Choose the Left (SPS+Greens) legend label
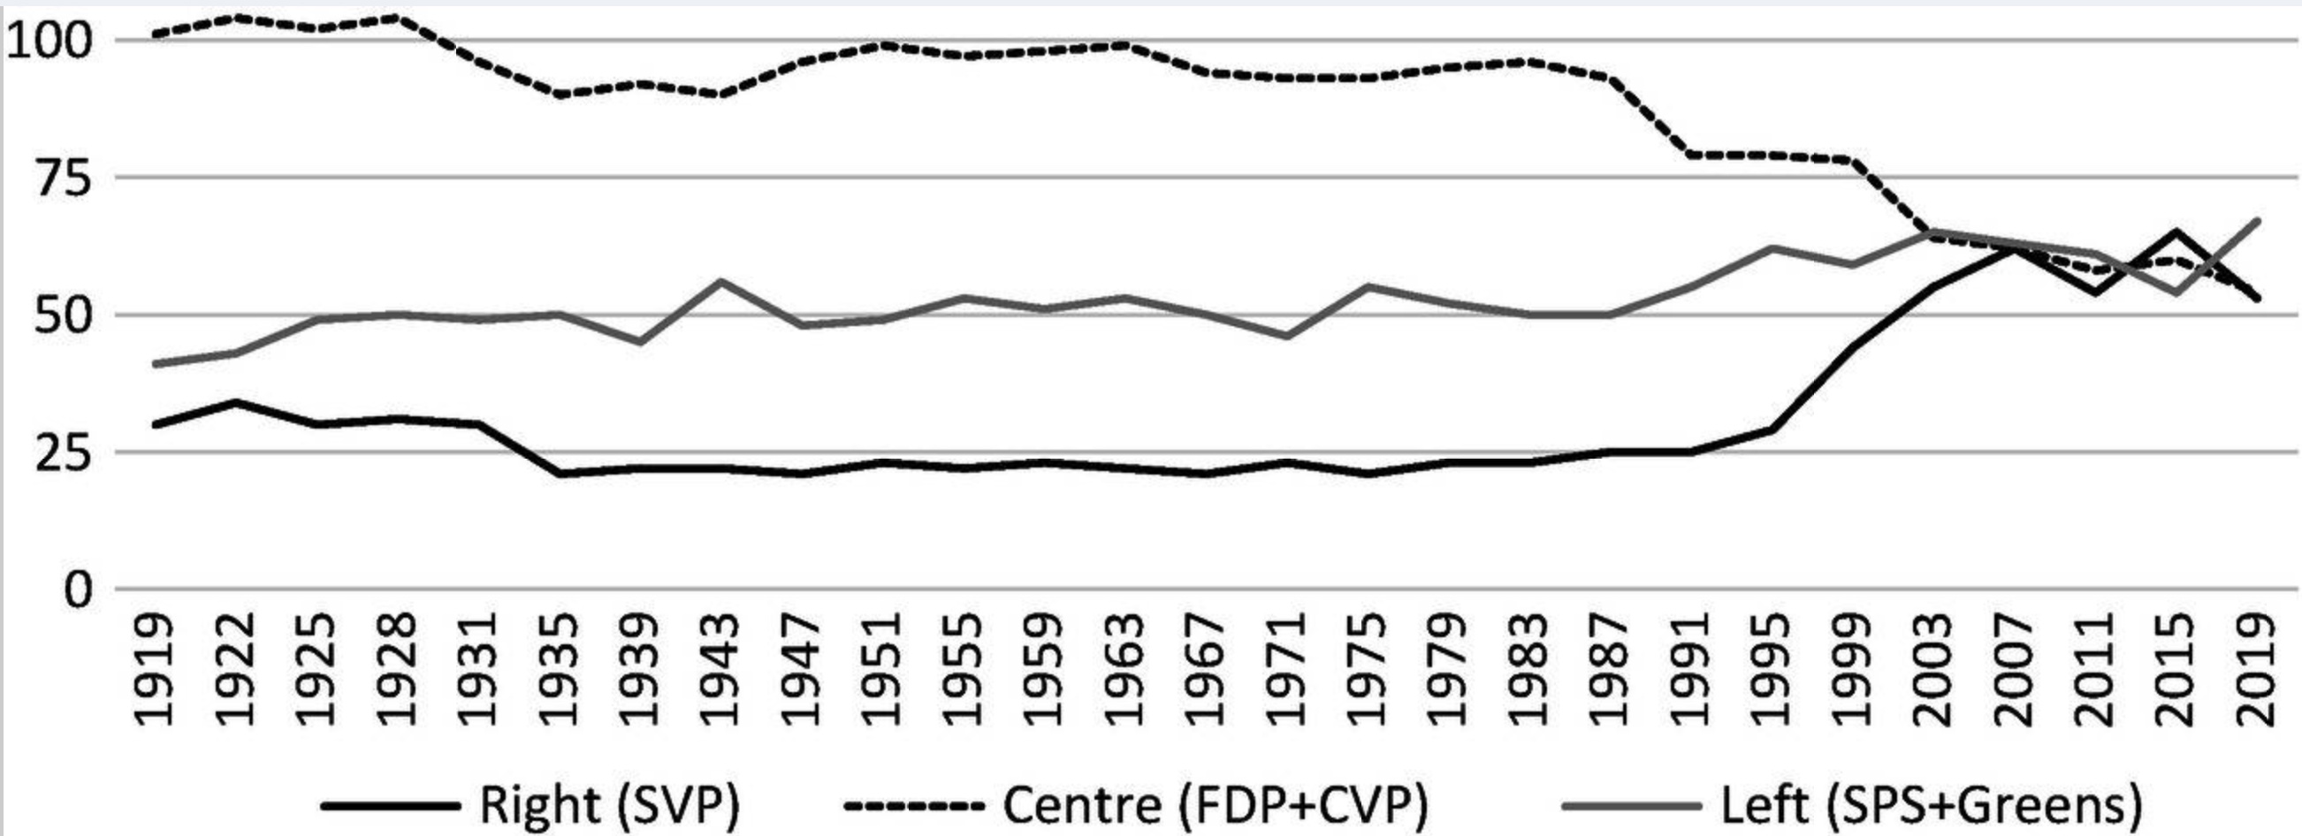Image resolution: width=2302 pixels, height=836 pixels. pos(1931,805)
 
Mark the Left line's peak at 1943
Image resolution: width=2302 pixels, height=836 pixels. pos(720,281)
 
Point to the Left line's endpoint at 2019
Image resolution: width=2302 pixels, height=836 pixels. pos(2257,221)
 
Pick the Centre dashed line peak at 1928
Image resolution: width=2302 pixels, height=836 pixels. pos(397,17)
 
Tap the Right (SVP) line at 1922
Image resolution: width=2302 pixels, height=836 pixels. pos(236,403)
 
